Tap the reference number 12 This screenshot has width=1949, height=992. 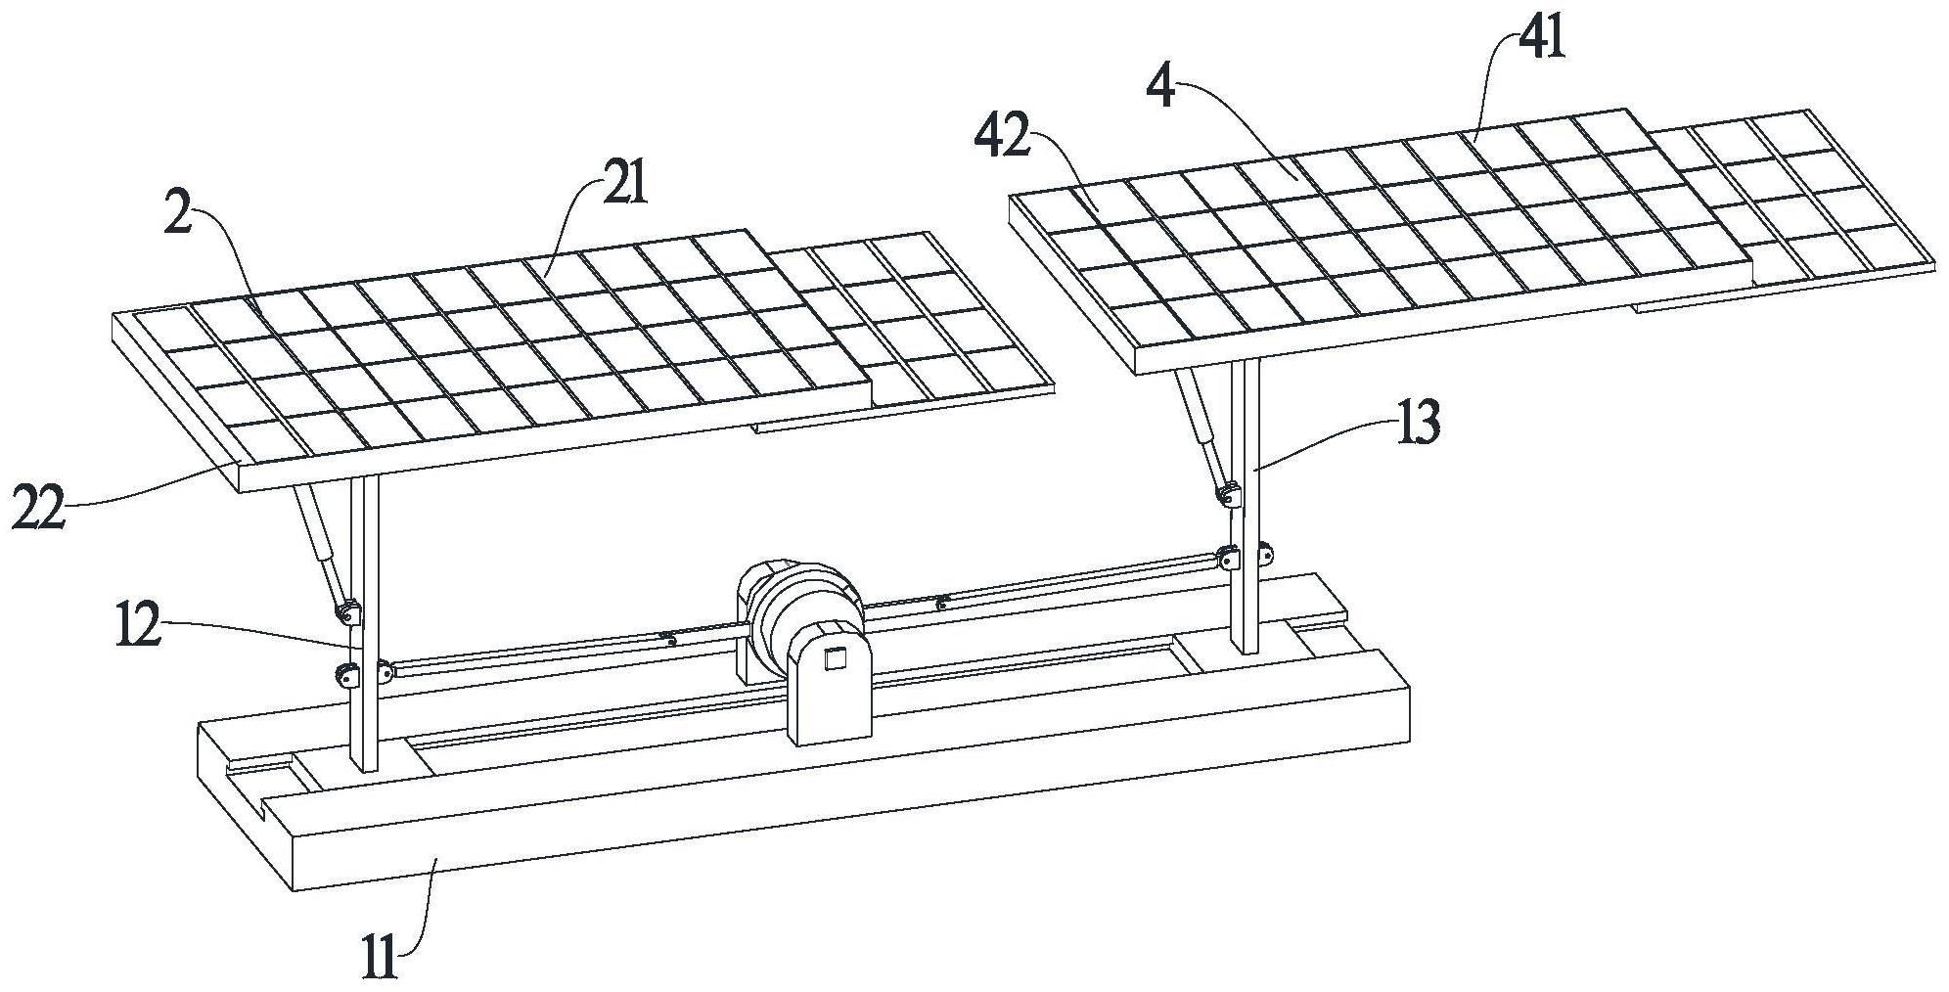[x=138, y=625]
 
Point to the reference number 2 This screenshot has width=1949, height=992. [x=177, y=212]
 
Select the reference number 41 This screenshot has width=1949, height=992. [x=1542, y=40]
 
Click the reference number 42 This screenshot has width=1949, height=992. [x=1003, y=137]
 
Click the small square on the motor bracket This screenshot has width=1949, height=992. [x=834, y=658]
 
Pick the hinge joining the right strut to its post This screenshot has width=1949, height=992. [x=1227, y=496]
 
